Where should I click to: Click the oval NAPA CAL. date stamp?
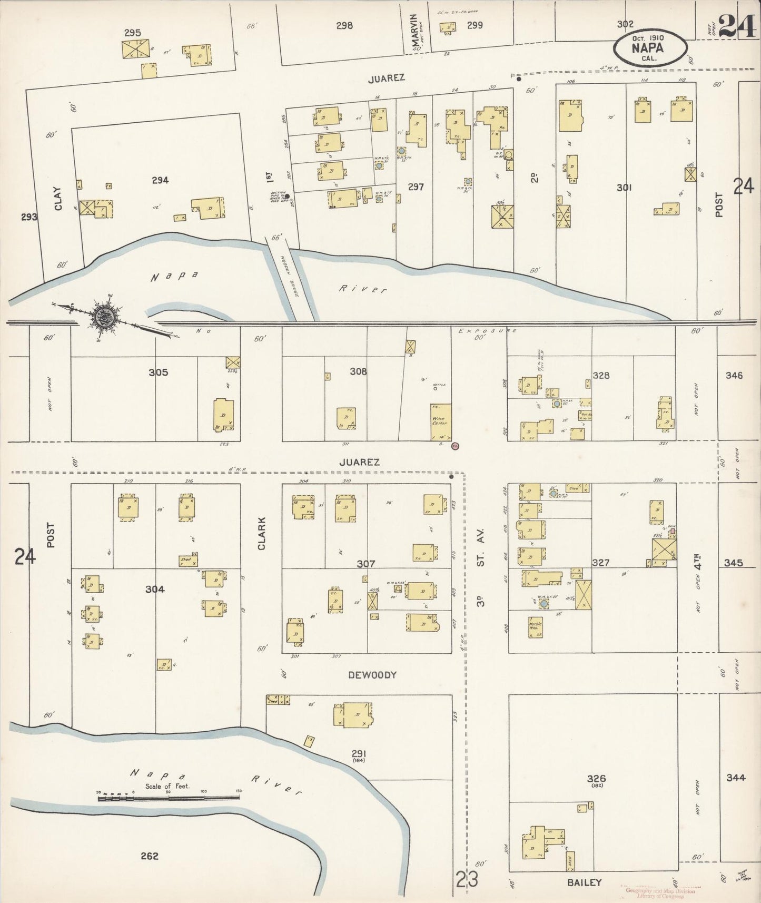tap(650, 47)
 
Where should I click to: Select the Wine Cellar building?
tap(441, 423)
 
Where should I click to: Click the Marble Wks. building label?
tap(536, 627)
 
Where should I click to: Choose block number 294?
tap(160, 180)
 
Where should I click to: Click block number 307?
tap(365, 564)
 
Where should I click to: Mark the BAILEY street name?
tap(585, 882)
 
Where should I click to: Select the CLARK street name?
tap(262, 534)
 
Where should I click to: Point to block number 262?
tap(150, 856)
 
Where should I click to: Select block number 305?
tap(158, 372)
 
